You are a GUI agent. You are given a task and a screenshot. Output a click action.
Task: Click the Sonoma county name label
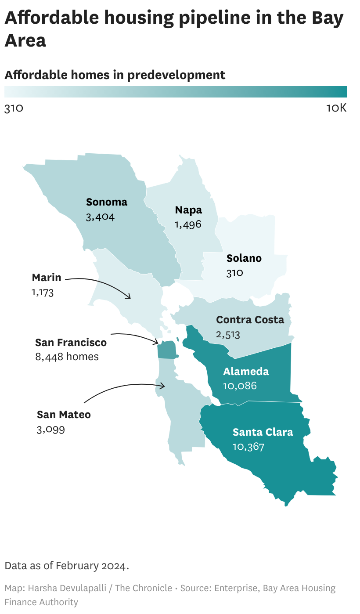(x=107, y=202)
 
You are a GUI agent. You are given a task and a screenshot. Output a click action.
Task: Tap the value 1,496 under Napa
(x=187, y=224)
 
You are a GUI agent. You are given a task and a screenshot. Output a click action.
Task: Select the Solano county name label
(x=244, y=258)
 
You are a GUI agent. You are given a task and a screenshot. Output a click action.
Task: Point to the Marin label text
(x=47, y=278)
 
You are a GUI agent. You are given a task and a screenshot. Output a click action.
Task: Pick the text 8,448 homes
(x=67, y=357)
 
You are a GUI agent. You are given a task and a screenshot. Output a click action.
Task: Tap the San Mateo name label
(x=64, y=415)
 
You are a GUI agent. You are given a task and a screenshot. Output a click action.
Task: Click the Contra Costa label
(x=250, y=320)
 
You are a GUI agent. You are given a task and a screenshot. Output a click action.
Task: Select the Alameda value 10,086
(x=240, y=386)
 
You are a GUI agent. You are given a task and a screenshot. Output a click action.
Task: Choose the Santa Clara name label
(x=263, y=432)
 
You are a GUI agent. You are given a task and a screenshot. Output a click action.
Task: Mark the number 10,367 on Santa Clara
(x=248, y=447)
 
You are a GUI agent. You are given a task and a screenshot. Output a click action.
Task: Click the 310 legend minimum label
(x=14, y=108)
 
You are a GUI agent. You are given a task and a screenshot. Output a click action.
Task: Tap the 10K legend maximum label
(x=336, y=108)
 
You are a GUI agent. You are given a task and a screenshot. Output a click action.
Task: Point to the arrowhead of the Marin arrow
(x=129, y=297)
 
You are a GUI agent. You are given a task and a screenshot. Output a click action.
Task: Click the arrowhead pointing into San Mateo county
(x=163, y=386)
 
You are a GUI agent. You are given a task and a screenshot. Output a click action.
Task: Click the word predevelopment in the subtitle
(x=176, y=75)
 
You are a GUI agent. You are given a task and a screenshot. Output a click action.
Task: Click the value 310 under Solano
(x=235, y=273)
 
